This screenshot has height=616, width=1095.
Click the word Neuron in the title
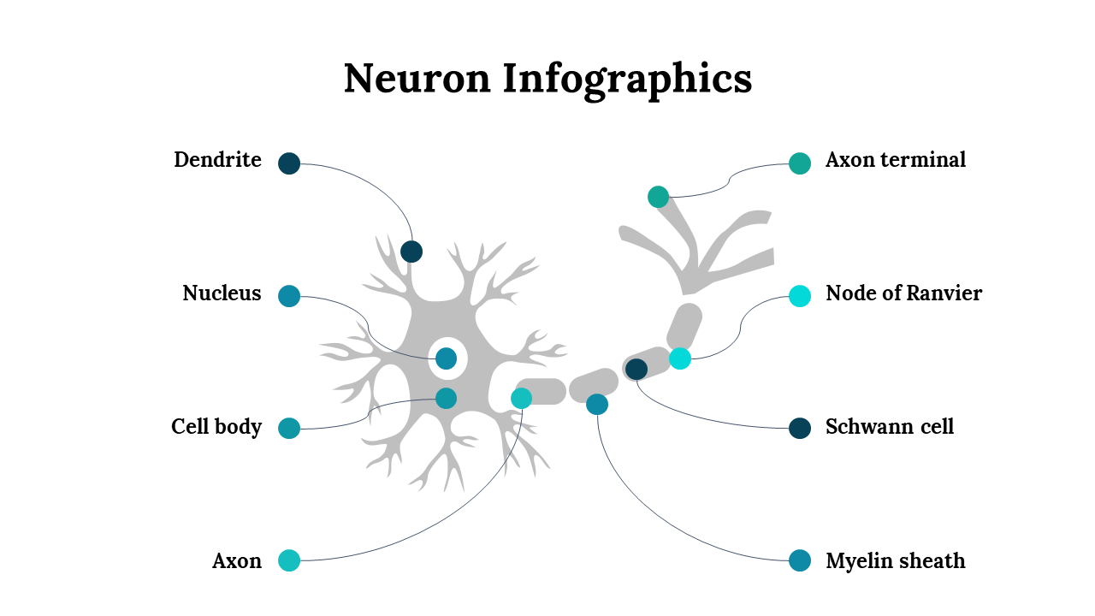point(417,79)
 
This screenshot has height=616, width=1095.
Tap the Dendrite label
point(217,160)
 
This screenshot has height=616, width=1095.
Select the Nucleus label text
point(222,293)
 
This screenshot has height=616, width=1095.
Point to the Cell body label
point(216,427)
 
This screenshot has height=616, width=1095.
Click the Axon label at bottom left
point(237,561)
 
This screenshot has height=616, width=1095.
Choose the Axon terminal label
point(896,160)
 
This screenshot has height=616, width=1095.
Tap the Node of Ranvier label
point(903,293)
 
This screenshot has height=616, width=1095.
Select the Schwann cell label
point(890,427)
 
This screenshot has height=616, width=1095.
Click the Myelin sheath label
point(896,561)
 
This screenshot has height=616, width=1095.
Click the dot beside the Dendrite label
point(289,163)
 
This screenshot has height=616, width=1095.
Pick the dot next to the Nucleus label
point(289,296)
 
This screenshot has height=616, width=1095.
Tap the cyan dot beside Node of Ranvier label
point(800,296)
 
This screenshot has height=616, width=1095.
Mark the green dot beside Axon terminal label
point(800,163)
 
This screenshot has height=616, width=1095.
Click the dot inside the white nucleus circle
point(446,358)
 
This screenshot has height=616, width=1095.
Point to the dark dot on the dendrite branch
point(411,252)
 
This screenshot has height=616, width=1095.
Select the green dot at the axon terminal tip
point(658,197)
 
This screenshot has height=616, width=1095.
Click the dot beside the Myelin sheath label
point(800,560)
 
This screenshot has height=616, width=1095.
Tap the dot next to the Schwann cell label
point(800,428)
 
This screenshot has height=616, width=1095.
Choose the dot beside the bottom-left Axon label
point(289,560)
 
